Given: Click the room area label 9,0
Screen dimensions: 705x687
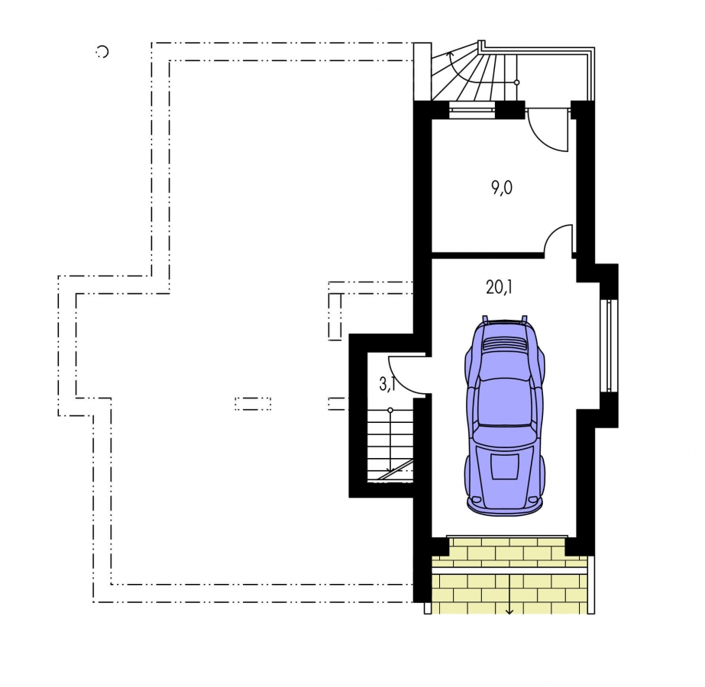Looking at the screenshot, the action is [x=502, y=189].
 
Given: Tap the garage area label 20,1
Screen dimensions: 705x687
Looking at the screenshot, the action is [x=499, y=287].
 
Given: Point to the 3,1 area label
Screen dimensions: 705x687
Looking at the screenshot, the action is [x=387, y=384].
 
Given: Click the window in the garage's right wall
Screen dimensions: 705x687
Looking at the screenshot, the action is [x=609, y=346].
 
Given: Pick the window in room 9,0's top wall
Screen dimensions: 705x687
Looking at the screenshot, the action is [x=471, y=109].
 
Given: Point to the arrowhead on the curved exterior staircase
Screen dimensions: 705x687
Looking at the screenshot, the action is [x=451, y=54].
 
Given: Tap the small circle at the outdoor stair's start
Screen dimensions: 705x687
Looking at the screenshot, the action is [x=516, y=82].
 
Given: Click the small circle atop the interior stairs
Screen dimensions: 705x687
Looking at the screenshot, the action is [x=390, y=410].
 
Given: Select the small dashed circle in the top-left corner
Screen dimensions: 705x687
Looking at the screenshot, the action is [x=103, y=52].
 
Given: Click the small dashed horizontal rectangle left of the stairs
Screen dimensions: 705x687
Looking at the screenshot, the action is [x=253, y=404].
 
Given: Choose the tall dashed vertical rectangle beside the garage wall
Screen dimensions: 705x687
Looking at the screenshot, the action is [x=335, y=317].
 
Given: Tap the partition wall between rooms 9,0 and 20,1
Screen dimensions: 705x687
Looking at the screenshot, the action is [x=487, y=255].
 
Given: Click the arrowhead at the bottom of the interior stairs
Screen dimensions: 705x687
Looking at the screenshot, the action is [x=390, y=471].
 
